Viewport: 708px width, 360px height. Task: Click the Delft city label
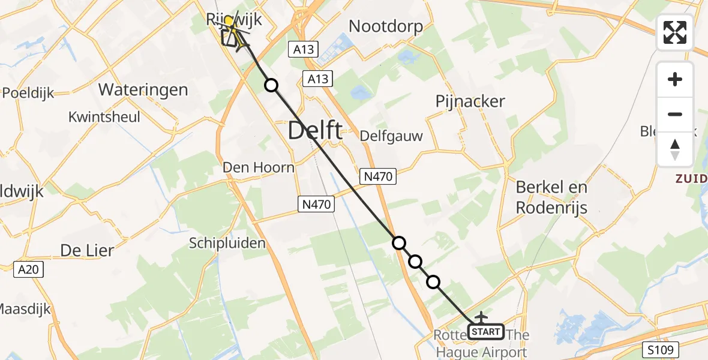point(316,130)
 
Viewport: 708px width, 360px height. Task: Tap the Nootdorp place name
point(386,26)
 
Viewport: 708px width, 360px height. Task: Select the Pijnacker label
point(470,101)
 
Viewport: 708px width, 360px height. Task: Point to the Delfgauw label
point(391,136)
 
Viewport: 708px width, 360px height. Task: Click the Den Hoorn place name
point(259,167)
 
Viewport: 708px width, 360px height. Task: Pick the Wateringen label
point(143,90)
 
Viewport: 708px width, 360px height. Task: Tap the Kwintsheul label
point(104,116)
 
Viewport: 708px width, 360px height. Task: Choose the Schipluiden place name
point(227,243)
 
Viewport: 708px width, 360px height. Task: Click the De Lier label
point(87,250)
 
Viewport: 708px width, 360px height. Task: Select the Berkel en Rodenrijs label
point(551,197)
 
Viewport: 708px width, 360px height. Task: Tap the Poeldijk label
point(28,93)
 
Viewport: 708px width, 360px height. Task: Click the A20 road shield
point(28,269)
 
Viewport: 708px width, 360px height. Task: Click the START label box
point(485,332)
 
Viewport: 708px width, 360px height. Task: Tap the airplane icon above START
point(481,316)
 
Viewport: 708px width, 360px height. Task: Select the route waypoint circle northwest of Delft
point(271,85)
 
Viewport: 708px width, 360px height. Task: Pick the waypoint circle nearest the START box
point(433,281)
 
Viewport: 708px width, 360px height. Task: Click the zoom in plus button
point(675,79)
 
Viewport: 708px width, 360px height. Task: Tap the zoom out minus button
point(675,114)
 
